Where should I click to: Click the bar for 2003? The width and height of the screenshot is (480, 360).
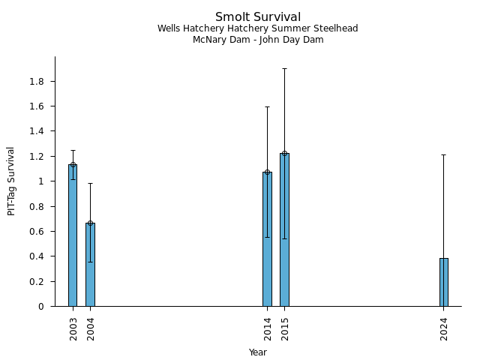coord(73,235)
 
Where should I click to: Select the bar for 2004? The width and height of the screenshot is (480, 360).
coord(90,265)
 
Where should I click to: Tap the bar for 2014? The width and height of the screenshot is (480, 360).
coord(267,239)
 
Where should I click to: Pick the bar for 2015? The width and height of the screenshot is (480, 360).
coord(284,229)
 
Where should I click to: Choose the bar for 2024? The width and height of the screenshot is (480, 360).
coord(444,282)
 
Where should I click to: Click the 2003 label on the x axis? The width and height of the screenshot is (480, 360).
coord(73,329)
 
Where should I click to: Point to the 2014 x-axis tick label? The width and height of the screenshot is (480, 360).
coord(268,329)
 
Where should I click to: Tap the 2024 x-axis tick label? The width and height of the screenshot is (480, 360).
coord(444,329)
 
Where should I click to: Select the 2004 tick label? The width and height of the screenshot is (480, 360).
coord(91,329)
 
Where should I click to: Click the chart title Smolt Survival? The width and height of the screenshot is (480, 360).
coord(258,17)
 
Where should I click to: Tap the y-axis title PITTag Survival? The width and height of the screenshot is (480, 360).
coord(11,181)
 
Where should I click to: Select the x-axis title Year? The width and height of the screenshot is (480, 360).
coord(258,352)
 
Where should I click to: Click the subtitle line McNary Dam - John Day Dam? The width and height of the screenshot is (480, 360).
coord(258,40)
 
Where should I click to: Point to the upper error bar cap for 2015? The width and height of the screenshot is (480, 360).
coord(284,68)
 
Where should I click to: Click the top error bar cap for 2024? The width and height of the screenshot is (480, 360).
coord(444,154)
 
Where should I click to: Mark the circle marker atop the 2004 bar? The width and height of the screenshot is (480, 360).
coord(90,223)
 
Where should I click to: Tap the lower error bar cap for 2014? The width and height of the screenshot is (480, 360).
coord(267,237)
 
